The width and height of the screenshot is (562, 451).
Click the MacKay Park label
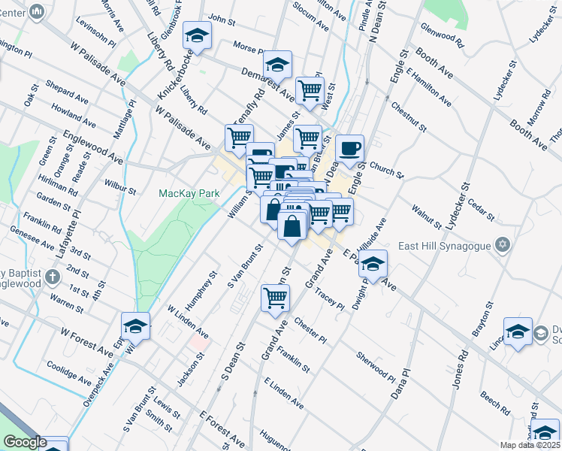[189, 193]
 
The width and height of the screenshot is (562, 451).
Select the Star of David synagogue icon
[503, 245]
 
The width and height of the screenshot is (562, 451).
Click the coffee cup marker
[349, 149]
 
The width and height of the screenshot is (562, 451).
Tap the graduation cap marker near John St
[197, 35]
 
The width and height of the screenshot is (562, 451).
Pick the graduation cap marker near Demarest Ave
[278, 65]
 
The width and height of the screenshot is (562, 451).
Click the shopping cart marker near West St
[310, 91]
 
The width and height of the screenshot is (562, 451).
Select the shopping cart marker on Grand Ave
[276, 298]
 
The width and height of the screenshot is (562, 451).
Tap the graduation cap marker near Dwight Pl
[373, 264]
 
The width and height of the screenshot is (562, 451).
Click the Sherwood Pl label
[376, 365]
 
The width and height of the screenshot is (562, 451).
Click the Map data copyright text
[530, 445]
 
